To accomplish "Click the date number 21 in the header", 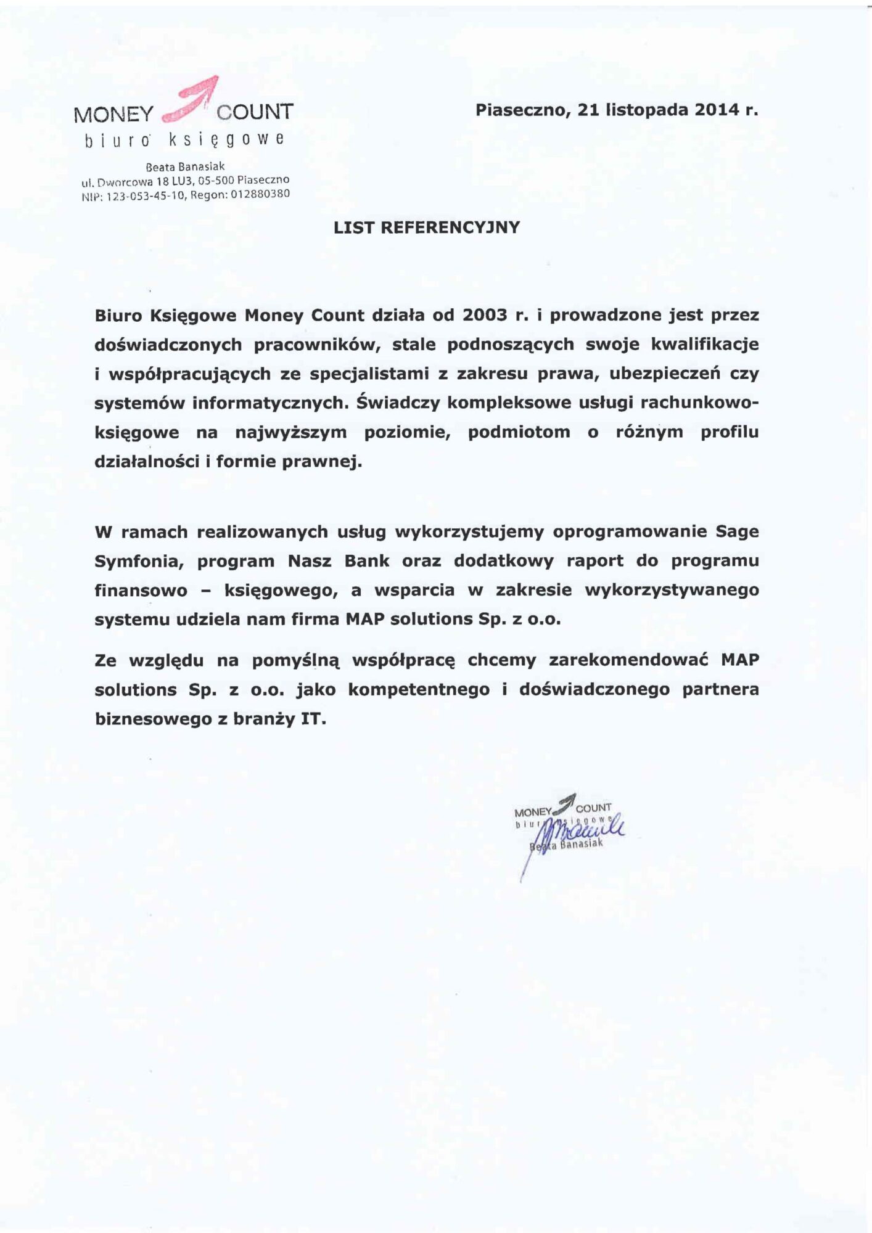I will pos(588,110).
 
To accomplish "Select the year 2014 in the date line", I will pos(717,110).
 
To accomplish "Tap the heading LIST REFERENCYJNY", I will pos(427,227).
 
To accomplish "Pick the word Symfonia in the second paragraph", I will pos(138,561).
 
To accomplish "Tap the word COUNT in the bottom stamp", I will pos(593,808).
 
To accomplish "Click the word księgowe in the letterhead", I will pos(226,140).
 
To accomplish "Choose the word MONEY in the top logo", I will pos(113,114).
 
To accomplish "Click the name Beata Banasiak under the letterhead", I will pos(185,166).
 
